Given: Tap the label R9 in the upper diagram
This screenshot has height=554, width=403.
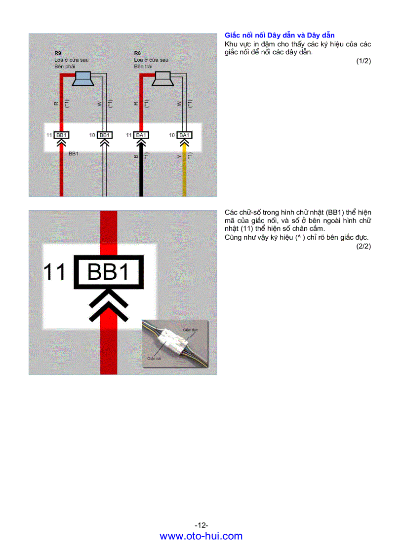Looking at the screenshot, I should click(58, 52).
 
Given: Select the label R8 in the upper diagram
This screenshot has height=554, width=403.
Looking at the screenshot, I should click(137, 52).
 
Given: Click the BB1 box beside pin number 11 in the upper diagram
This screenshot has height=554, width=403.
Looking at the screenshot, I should click(61, 135).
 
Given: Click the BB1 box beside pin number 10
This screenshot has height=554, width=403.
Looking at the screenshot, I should click(104, 135).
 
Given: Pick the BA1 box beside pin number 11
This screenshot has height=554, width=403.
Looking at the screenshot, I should click(141, 135).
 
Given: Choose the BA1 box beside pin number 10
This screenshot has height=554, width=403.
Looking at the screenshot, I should click(184, 135).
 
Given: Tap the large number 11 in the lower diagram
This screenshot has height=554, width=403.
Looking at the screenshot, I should click(55, 272).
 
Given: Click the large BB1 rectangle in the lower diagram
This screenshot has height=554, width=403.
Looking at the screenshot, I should click(108, 272).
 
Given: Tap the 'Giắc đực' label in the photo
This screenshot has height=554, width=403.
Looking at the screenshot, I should click(190, 329).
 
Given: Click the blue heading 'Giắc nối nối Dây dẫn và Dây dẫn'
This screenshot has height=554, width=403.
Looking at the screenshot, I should click(280, 36).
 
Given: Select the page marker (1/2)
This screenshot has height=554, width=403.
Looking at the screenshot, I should click(363, 61).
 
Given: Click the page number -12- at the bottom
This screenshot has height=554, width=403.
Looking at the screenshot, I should click(201, 525).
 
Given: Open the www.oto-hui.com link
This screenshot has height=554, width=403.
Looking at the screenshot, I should click(201, 536).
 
